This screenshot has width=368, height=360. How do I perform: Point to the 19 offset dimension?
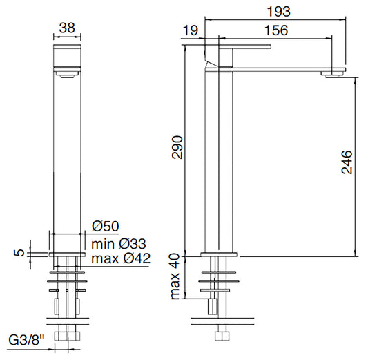tap(191, 30)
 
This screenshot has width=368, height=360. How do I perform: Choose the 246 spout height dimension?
tap(347, 163)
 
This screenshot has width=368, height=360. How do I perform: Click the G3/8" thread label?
tap(27, 341)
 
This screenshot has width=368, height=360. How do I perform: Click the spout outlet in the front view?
tap(66, 76)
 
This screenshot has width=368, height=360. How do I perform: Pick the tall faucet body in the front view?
tap(66, 152)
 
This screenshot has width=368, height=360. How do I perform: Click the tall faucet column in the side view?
tap(219, 159)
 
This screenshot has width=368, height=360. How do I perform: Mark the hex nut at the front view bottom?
tap(66, 337)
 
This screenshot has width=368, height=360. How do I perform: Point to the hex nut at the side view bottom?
tap(222, 337)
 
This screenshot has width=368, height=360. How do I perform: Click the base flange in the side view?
tap(220, 254)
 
